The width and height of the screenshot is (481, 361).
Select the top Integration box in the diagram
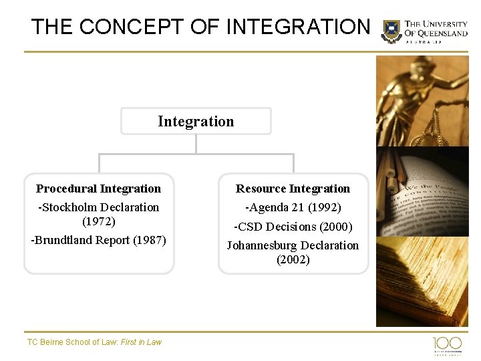point(196,121)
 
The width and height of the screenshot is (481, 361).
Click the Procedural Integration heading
point(98,189)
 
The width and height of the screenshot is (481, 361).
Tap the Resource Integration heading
point(293,189)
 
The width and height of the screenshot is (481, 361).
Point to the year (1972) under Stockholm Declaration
point(98,221)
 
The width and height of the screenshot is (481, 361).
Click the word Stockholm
point(73,207)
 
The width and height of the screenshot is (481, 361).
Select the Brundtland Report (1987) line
point(98,240)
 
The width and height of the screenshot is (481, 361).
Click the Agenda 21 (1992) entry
point(293,207)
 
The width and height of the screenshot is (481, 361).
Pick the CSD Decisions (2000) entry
point(293,227)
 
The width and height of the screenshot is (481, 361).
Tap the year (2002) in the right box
point(293,259)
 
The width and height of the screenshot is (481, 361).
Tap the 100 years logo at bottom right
point(447,345)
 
